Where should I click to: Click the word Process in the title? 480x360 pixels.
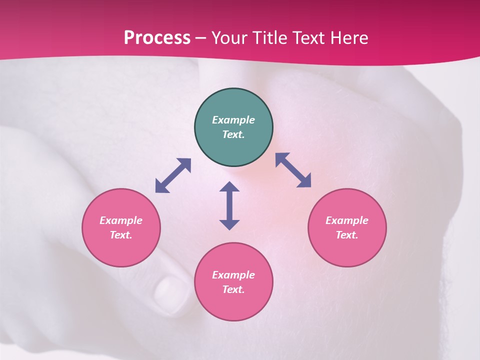(157, 38)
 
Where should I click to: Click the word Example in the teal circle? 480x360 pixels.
(233, 120)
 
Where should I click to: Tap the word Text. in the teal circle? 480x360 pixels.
(233, 134)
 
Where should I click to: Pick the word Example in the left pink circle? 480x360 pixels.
(121, 220)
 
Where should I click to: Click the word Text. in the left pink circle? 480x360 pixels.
(121, 235)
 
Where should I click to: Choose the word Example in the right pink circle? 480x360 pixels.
(347, 220)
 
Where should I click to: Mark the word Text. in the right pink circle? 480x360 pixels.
(347, 235)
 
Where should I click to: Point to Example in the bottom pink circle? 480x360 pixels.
(233, 275)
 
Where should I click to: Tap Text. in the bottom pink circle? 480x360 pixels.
(233, 289)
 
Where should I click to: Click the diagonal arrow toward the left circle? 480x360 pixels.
(173, 175)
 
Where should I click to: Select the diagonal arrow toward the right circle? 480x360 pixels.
(293, 170)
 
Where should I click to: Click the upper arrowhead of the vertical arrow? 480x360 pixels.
(229, 187)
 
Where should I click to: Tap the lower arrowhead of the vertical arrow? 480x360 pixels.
(229, 224)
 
